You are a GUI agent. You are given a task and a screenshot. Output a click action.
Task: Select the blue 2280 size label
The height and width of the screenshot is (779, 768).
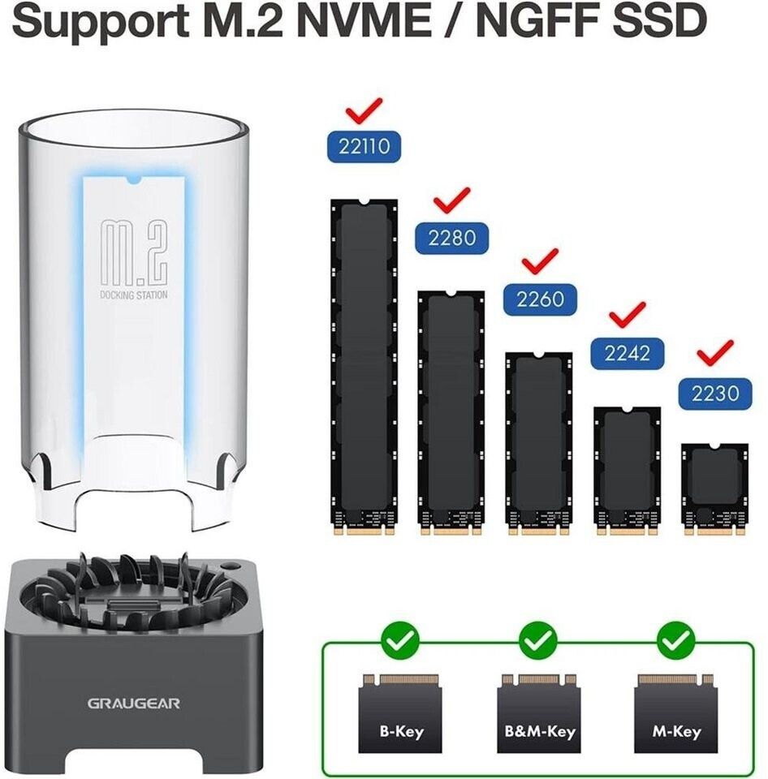tap(452, 238)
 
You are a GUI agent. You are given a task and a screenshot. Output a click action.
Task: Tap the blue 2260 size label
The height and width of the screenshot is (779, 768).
tap(540, 298)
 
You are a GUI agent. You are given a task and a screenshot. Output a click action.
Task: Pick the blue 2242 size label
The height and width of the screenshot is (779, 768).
tap(628, 352)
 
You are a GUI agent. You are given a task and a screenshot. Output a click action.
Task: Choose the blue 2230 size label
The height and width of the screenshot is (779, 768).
tap(715, 393)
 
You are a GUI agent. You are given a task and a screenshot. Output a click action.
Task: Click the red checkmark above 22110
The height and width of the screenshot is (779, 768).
tap(364, 110)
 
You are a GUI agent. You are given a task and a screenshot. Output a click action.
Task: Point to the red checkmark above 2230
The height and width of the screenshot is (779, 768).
tap(714, 352)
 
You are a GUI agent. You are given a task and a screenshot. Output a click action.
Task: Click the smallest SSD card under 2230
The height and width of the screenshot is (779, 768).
tap(714, 488)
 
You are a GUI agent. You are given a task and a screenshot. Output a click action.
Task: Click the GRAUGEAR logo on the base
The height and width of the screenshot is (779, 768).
tap(133, 703)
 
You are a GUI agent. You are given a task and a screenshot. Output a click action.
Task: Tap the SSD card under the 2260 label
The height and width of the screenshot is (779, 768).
tap(539, 442)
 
